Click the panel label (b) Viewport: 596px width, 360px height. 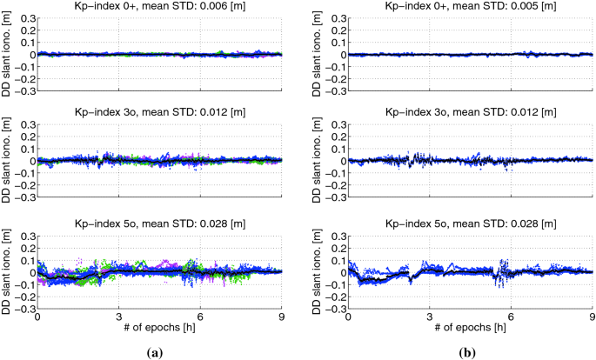coord(466,352)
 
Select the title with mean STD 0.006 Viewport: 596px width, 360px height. coord(159,6)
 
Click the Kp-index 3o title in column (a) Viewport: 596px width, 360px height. coord(159,113)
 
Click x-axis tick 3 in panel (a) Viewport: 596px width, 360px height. coord(119,317)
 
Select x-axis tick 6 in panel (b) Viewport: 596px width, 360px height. coord(511,317)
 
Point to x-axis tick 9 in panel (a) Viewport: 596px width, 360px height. coord(281,317)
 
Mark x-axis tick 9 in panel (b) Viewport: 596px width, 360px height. coord(592,317)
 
